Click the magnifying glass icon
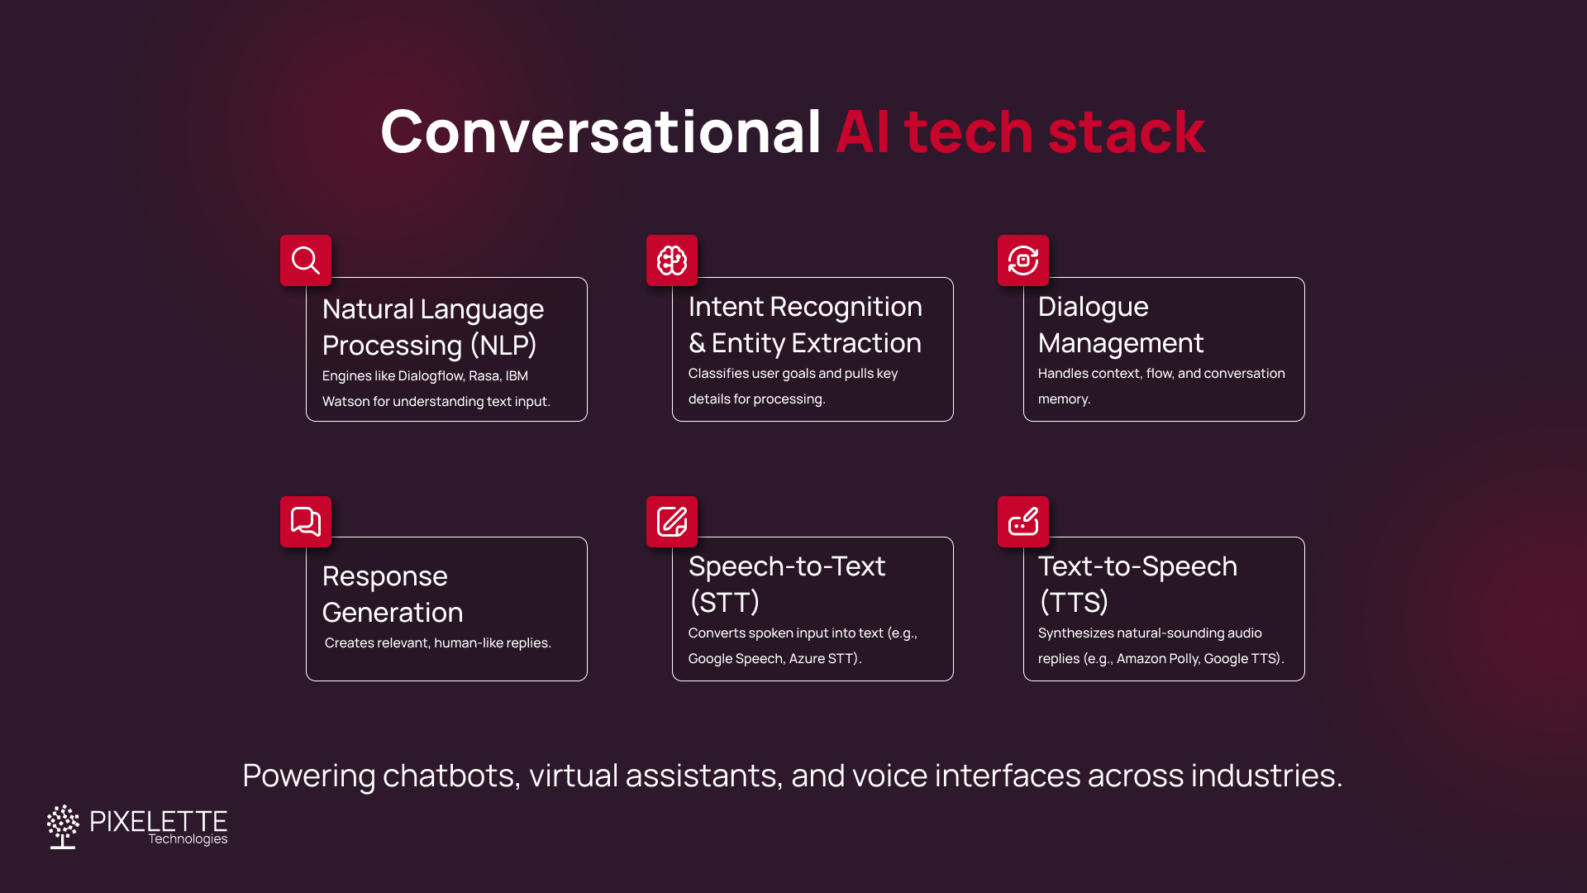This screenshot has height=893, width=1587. [x=306, y=260]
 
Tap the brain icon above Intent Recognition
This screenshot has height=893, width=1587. [x=672, y=260]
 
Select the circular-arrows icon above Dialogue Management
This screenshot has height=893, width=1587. [x=1023, y=260]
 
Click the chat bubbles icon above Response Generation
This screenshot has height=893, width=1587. [x=306, y=522]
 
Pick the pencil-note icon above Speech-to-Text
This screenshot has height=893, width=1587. [x=672, y=522]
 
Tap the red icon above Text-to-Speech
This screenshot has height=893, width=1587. [x=1023, y=522]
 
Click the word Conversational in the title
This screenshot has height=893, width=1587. [x=600, y=132]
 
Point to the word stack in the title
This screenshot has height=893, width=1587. [x=1127, y=132]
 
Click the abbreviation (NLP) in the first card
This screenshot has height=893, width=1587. [x=503, y=345]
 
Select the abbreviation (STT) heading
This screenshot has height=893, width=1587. [x=724, y=602]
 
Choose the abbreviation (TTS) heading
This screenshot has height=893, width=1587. [x=1074, y=602]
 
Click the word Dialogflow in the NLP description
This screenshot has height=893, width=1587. [x=431, y=376]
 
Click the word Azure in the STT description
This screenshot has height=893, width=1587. [x=807, y=659]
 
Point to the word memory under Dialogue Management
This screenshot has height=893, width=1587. [x=1063, y=399]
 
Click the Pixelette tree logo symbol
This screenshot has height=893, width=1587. [x=63, y=826]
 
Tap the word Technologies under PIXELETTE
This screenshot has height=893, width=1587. [x=188, y=839]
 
